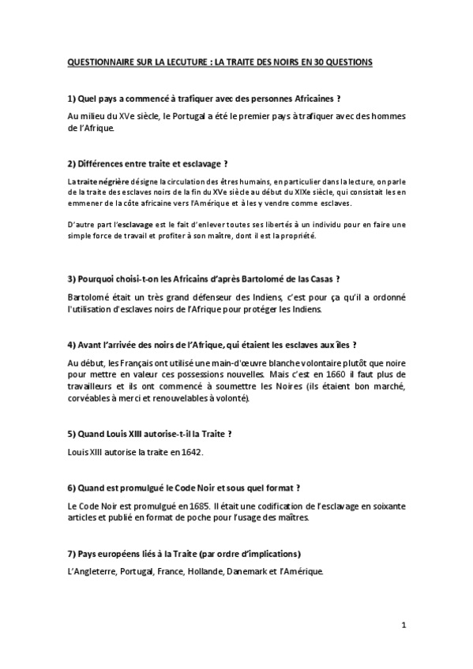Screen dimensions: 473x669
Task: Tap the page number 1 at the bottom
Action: (403, 626)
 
